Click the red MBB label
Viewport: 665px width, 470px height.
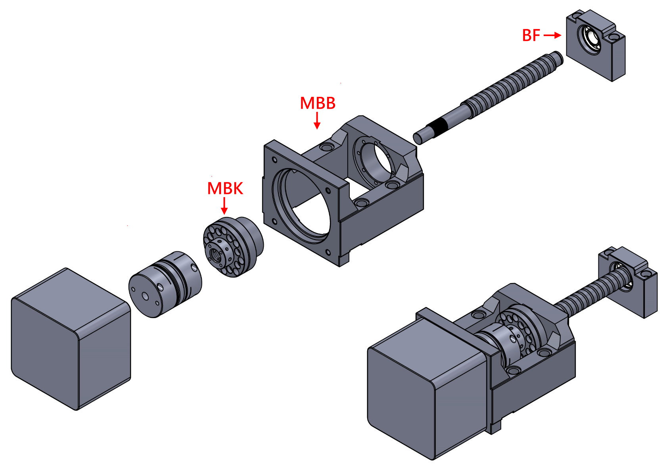pyautogui.click(x=318, y=103)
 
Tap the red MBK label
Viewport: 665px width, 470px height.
pyautogui.click(x=225, y=188)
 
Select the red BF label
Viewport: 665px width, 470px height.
pyautogui.click(x=531, y=36)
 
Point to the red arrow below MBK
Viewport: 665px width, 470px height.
pyautogui.click(x=224, y=206)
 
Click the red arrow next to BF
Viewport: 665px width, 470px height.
pyautogui.click(x=552, y=36)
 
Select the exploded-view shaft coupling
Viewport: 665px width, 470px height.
pyautogui.click(x=165, y=284)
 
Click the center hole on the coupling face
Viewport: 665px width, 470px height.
pyautogui.click(x=146, y=296)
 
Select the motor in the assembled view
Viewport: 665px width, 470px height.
pyautogui.click(x=428, y=385)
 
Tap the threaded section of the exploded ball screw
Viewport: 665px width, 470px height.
pyautogui.click(x=512, y=85)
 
